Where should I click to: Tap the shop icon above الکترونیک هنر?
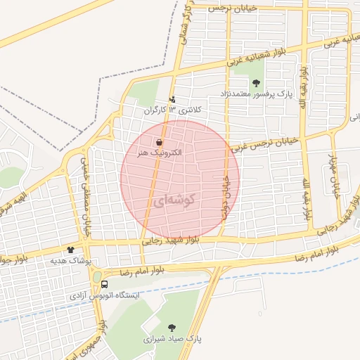[162, 141]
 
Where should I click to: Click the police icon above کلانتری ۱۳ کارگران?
[173, 100]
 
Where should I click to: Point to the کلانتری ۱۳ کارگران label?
[173, 111]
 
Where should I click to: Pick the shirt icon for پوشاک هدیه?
[70, 250]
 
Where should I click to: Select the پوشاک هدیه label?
[70, 260]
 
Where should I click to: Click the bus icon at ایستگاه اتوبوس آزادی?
[105, 285]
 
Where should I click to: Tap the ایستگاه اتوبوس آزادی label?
[105, 296]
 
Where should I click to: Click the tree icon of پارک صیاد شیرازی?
[172, 327]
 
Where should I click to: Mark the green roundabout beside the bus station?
[96, 277]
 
